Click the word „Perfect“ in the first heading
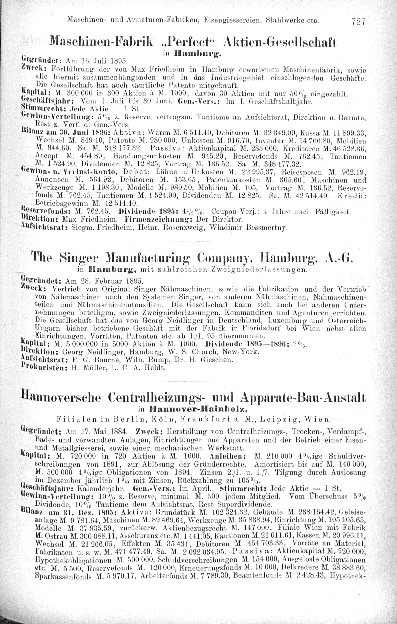coord(186,41)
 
